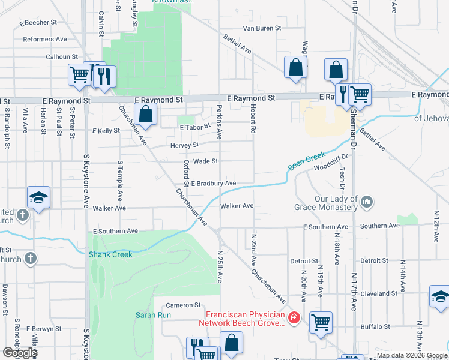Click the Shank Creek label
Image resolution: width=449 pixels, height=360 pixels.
[110, 254]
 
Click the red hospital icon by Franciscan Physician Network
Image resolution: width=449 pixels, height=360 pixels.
[294, 317]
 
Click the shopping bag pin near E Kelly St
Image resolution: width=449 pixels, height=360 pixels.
[145, 113]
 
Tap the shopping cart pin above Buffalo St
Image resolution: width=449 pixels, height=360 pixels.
[321, 322]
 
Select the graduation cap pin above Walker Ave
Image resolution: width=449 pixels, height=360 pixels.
[38, 197]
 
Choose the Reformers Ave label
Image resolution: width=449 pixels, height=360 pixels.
[45, 40]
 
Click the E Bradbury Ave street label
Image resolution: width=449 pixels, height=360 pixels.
[213, 183]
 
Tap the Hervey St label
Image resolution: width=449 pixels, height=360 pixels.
[187, 145]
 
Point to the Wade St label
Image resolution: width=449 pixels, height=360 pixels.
[205, 161]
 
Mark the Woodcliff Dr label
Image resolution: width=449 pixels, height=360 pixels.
[331, 162]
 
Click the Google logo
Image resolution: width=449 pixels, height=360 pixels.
[20, 353]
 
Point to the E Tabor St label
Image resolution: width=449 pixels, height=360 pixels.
[195, 127]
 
